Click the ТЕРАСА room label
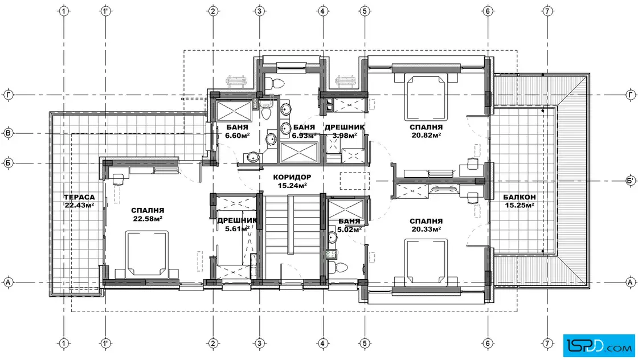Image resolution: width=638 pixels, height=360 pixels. [x=79, y=197]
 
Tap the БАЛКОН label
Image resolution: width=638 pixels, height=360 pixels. [x=519, y=197]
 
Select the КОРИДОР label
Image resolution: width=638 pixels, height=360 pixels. [x=292, y=177]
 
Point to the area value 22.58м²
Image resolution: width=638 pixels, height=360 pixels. [x=148, y=218]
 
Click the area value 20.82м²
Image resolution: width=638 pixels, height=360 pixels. [x=426, y=135]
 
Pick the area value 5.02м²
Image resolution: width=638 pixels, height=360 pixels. [x=349, y=230]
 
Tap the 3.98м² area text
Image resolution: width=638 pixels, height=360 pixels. [x=345, y=136]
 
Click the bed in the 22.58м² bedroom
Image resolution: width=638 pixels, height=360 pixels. [x=146, y=254]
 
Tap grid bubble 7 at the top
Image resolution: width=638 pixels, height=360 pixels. [x=547, y=11]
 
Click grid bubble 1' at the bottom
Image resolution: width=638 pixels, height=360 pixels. [x=105, y=343]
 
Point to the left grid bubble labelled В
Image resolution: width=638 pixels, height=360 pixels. [x=8, y=133]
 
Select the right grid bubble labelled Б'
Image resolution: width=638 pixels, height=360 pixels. [x=631, y=181]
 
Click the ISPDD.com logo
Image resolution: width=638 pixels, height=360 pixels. [x=599, y=346]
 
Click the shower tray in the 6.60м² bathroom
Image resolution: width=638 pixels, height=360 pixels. [x=234, y=111]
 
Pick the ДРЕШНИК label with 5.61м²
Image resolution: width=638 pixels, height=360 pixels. [x=237, y=220]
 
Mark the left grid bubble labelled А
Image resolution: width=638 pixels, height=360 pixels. [x=8, y=282]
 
